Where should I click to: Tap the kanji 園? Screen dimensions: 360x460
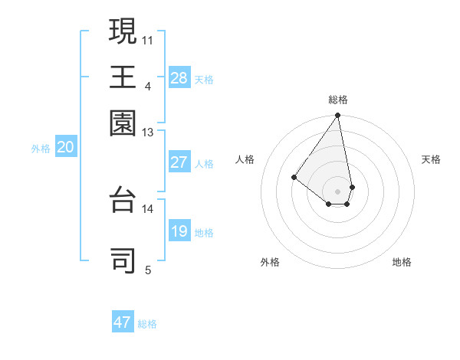click(x=123, y=122)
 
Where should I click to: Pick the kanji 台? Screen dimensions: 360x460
click(x=123, y=198)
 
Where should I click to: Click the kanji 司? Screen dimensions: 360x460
click(x=123, y=260)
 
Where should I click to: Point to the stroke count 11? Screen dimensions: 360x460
click(x=147, y=40)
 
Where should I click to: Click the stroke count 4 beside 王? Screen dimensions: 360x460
click(x=147, y=86)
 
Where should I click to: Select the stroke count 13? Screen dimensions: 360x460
click(x=147, y=132)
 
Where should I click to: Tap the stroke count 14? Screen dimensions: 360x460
click(x=147, y=208)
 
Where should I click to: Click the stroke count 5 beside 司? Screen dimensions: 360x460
click(x=147, y=270)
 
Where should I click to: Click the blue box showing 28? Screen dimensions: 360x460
click(x=179, y=78)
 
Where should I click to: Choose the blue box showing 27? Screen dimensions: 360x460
click(x=179, y=162)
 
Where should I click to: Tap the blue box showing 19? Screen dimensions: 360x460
click(x=179, y=231)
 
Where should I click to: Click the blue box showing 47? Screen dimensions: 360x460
click(x=123, y=322)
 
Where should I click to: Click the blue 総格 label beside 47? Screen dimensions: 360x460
click(x=147, y=324)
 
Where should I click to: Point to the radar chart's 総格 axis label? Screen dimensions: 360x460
click(x=337, y=100)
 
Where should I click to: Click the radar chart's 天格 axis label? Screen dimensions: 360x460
click(x=431, y=159)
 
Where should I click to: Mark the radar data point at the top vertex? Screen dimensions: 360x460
click(x=337, y=116)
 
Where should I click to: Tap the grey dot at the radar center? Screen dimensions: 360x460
click(x=337, y=191)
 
